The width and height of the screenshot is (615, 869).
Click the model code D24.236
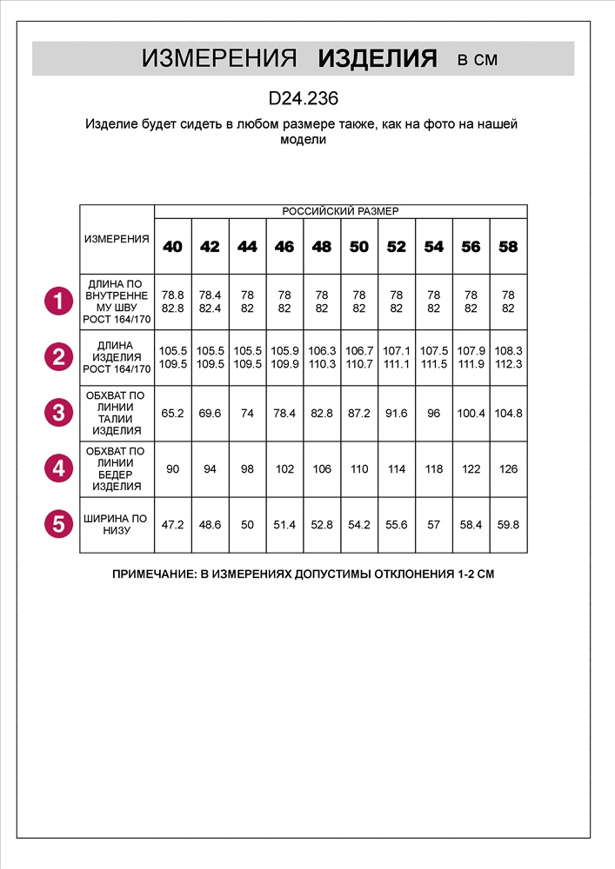click(304, 99)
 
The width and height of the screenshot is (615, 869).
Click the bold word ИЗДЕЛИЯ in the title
click(378, 59)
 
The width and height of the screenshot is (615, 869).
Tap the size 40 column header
click(173, 247)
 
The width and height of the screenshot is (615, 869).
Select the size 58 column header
click(508, 247)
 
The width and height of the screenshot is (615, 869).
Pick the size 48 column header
click(322, 247)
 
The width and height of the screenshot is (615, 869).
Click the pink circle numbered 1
click(59, 302)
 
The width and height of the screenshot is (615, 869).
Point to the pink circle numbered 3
click(59, 412)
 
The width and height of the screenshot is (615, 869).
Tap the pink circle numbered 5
click(59, 523)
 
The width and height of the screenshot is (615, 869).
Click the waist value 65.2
click(173, 413)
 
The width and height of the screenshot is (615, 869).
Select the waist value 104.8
click(508, 413)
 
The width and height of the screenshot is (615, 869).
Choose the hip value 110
click(359, 468)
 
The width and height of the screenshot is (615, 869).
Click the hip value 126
click(508, 468)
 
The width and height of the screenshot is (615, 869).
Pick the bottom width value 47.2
click(173, 525)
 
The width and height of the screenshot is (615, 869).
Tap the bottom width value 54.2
click(359, 525)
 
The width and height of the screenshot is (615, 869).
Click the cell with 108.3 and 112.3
click(508, 357)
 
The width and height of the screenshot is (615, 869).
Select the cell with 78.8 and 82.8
click(173, 302)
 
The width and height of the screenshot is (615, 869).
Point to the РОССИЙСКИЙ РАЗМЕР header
click(340, 211)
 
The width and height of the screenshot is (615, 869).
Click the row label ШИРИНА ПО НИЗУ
click(117, 524)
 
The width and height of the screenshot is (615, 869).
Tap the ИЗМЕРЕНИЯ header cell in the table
click(117, 239)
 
